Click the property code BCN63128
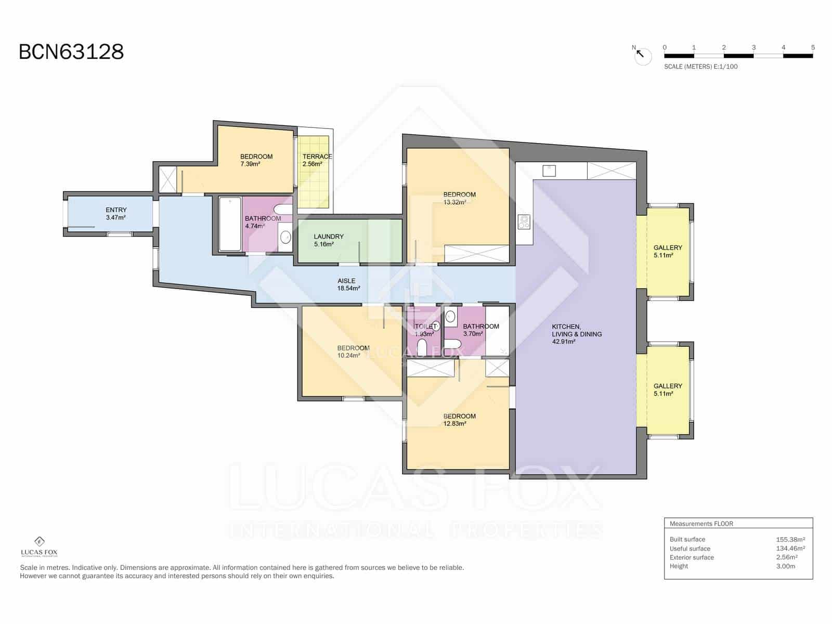click(71, 52)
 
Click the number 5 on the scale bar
click(813, 47)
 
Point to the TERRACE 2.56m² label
click(317, 160)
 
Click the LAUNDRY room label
click(329, 240)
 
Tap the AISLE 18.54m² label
click(348, 284)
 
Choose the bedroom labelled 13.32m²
click(459, 198)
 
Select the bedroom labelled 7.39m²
click(256, 160)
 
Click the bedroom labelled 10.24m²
click(353, 352)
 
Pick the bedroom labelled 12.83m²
click(459, 420)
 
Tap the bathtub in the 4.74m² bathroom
click(229, 224)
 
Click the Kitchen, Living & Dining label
click(576, 334)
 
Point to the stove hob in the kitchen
click(524, 222)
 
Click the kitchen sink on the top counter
click(549, 170)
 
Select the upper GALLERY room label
click(668, 251)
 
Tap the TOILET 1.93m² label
click(425, 330)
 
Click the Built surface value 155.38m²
click(790, 539)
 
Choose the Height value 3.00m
click(785, 566)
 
